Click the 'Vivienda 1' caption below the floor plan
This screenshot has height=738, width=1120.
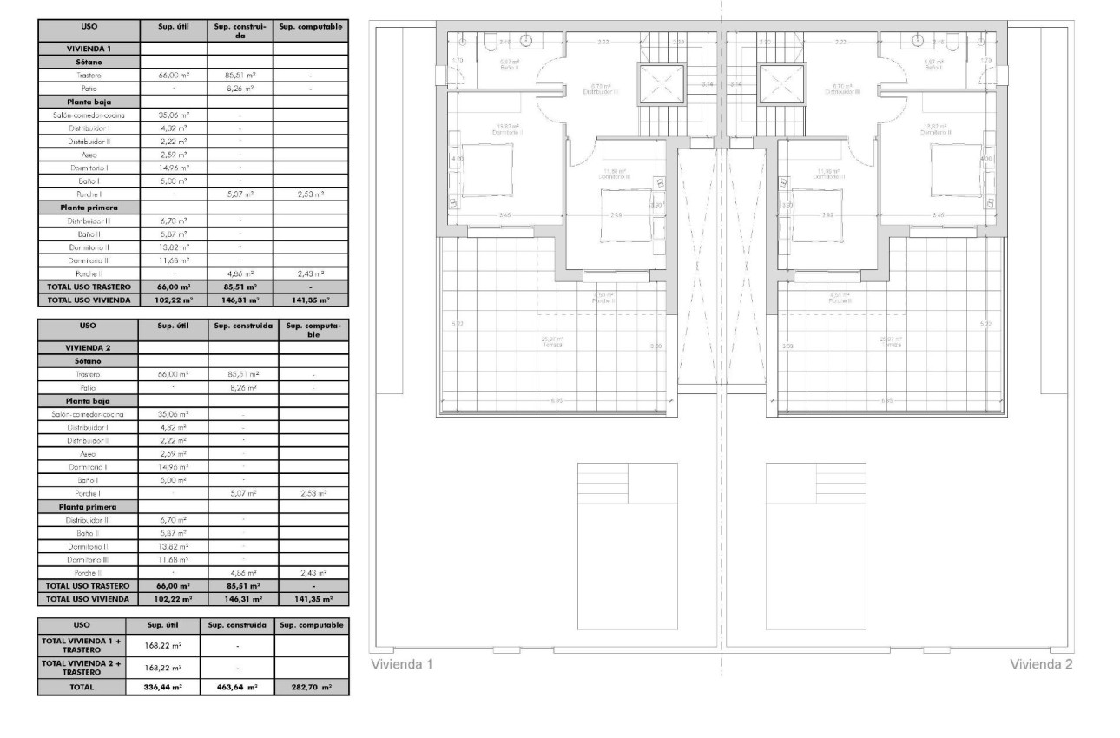[402, 665]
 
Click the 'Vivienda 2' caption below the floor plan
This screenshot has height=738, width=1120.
[1041, 665]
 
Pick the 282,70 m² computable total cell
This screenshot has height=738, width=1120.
[311, 686]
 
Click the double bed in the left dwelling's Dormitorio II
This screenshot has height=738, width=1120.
[483, 170]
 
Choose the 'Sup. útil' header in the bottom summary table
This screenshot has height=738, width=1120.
[162, 625]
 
